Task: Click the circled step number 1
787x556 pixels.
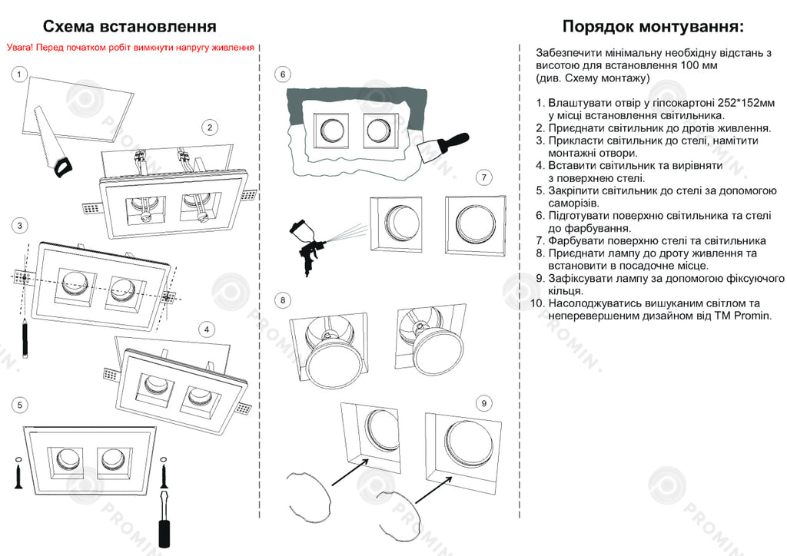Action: pyautogui.click(x=19, y=74)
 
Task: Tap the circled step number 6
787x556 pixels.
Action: pyautogui.click(x=283, y=74)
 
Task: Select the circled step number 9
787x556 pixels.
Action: pyautogui.click(x=483, y=403)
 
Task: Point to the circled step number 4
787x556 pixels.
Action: pyautogui.click(x=207, y=329)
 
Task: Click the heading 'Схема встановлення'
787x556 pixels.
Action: pyautogui.click(x=129, y=28)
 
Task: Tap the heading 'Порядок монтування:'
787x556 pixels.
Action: pyautogui.click(x=653, y=28)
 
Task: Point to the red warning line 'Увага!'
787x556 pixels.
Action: pyautogui.click(x=130, y=48)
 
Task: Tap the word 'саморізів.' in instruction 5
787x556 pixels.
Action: pyautogui.click(x=574, y=204)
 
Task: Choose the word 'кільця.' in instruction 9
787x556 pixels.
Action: pyautogui.click(x=566, y=291)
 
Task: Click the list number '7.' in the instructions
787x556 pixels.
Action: pyautogui.click(x=540, y=241)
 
